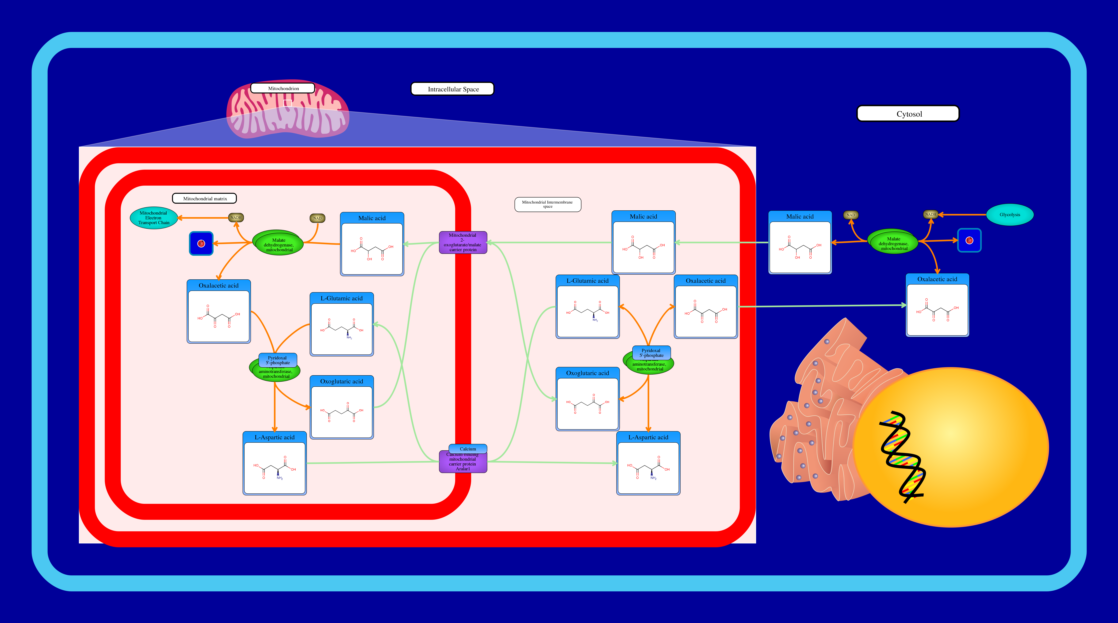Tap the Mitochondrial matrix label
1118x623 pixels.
click(204, 198)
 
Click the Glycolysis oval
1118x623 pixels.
click(1010, 215)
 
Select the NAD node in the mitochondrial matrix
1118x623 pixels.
click(317, 218)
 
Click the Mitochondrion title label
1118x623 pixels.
click(283, 88)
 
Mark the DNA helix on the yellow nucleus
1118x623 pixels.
click(902, 456)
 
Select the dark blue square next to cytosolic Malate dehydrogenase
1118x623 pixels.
click(969, 240)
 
